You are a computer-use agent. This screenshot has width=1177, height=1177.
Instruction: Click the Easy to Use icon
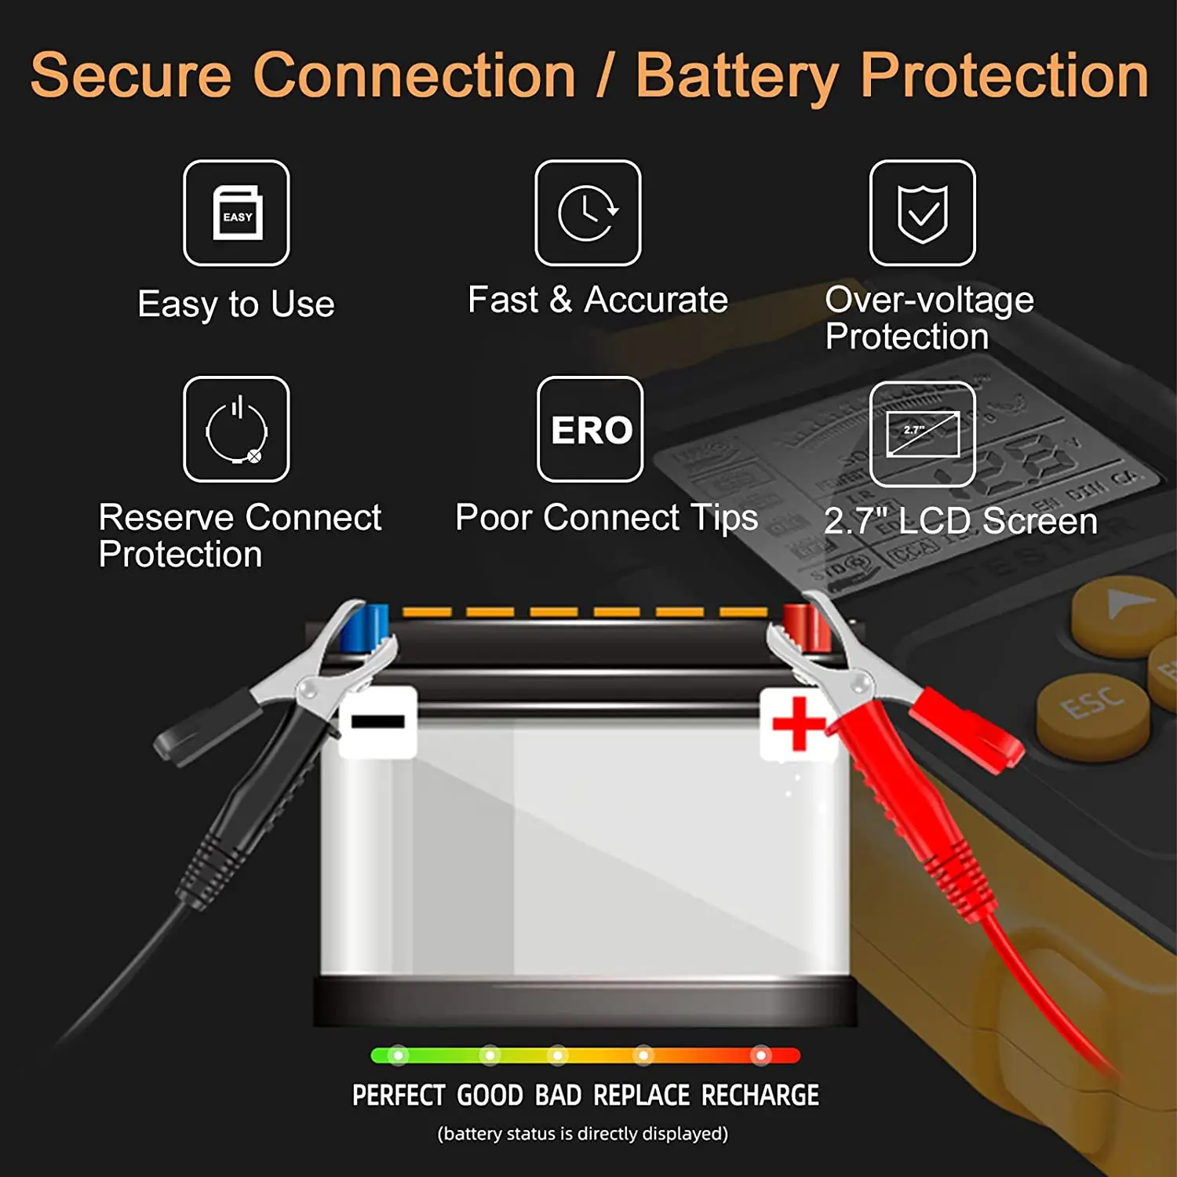coord(236,213)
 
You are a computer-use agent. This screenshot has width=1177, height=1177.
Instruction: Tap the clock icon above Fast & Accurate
coord(588,213)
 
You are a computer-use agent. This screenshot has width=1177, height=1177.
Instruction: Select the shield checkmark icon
coord(922,213)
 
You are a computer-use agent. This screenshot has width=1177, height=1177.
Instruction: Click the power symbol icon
coord(236,429)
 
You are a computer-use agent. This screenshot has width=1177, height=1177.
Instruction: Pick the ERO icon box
coord(590,429)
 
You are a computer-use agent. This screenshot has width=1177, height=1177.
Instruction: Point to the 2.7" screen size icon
coord(922,433)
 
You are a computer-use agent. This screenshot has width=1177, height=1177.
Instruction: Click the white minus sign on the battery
coord(377,721)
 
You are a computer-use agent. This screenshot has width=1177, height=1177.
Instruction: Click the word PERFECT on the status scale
coord(398,1095)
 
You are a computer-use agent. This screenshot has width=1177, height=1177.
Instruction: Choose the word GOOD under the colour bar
coord(490,1095)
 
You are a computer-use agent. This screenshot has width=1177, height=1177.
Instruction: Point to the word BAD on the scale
coord(558,1095)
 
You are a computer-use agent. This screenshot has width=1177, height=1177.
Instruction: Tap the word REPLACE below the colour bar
coord(641,1095)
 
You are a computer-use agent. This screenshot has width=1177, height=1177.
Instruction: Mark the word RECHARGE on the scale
coord(760,1095)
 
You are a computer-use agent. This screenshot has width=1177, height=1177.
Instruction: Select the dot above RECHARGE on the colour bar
coord(760,1055)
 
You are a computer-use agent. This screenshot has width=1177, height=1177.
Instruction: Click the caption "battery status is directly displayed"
coord(582,1134)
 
